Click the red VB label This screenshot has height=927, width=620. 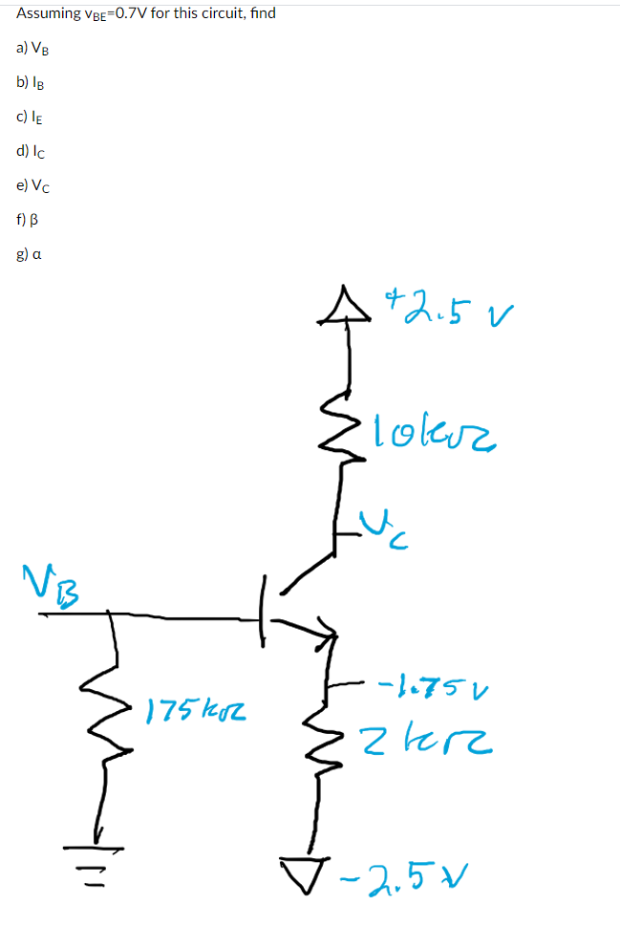[x=53, y=579]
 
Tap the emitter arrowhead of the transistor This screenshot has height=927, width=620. [x=326, y=631]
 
